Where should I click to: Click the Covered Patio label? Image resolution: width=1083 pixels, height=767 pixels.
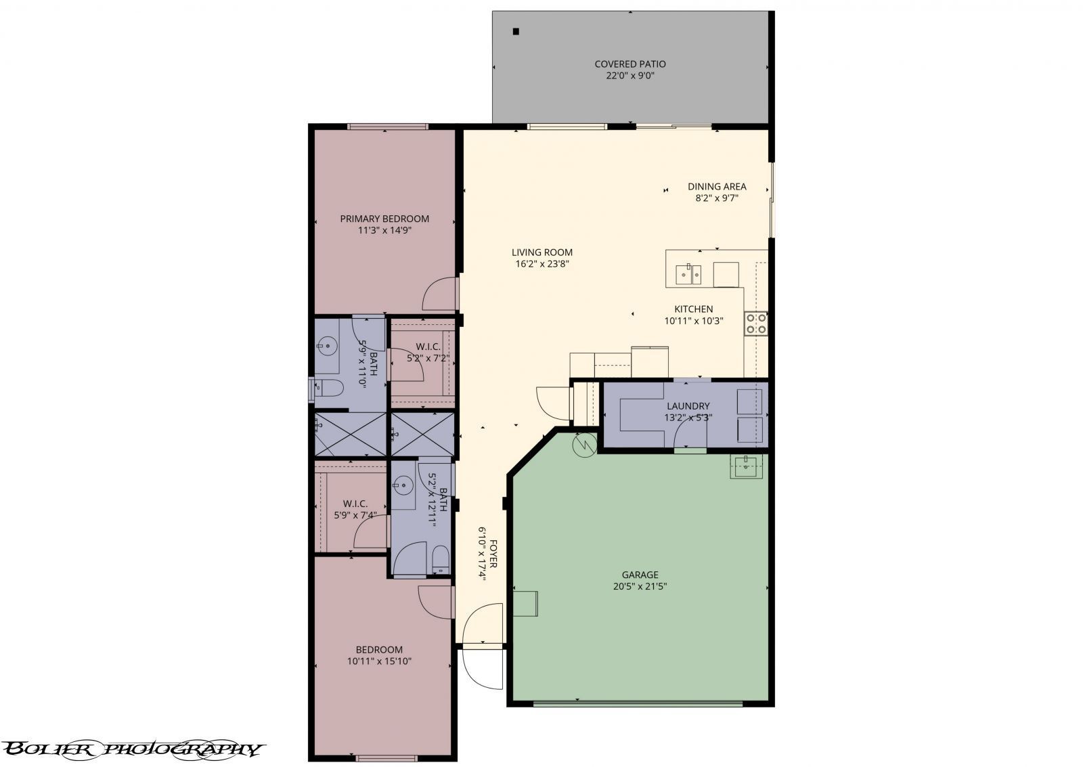point(629,64)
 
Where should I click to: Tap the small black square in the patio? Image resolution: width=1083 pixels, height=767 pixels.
point(516,31)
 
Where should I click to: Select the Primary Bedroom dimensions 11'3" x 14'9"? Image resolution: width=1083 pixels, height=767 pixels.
point(384,230)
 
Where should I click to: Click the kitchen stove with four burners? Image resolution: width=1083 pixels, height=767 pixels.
point(755,324)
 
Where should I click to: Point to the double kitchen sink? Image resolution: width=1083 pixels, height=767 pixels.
point(688,274)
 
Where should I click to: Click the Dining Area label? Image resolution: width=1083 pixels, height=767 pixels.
point(717,187)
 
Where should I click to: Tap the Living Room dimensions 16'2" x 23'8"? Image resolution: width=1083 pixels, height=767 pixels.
point(541,264)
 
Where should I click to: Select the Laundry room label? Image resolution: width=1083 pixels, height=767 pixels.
point(688,406)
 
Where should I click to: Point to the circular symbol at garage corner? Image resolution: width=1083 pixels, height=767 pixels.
point(583,444)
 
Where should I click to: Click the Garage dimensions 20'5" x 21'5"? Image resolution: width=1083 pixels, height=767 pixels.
point(640,587)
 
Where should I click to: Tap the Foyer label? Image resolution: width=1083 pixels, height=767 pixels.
point(493,554)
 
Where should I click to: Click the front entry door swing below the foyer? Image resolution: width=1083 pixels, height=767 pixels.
point(482,669)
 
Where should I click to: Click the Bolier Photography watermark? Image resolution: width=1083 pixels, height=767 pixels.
point(132,749)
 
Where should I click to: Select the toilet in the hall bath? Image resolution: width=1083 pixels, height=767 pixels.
point(440,558)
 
